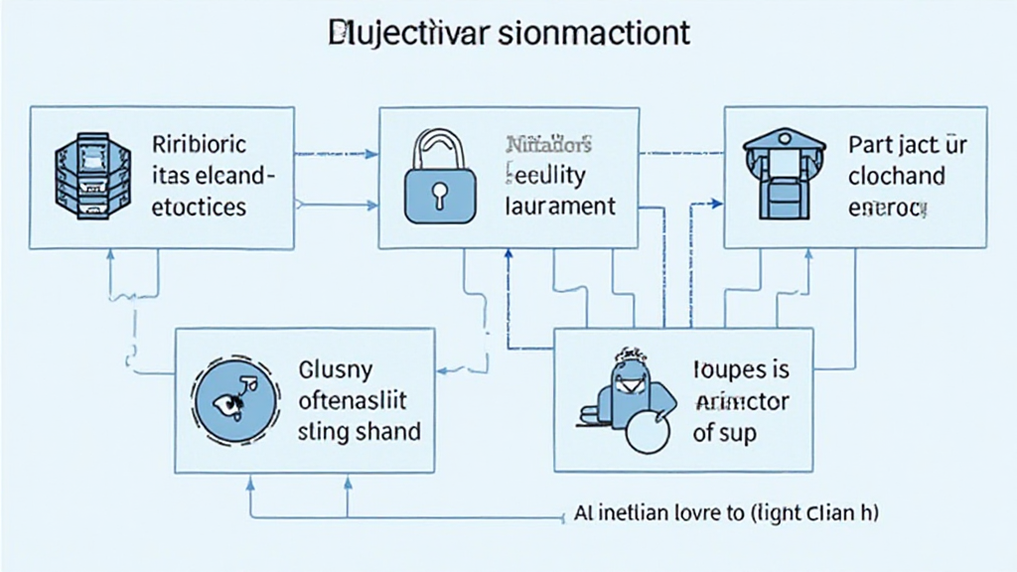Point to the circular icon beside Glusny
[x=233, y=399]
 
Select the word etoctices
[x=200, y=208]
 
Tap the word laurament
[x=561, y=208]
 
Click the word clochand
[x=897, y=176]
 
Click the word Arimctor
[x=741, y=401]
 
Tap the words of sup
[x=724, y=433]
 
